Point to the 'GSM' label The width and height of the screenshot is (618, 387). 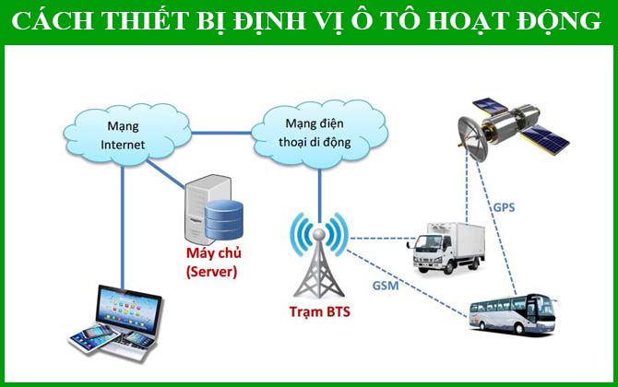[386, 287]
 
